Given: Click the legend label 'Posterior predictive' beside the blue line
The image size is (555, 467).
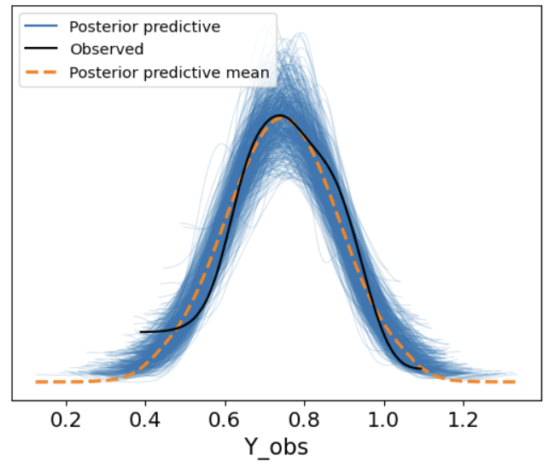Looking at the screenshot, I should coord(144,26).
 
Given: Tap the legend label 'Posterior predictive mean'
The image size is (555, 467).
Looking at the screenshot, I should coord(168,73).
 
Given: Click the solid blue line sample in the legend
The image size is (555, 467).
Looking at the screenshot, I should coord(39,26).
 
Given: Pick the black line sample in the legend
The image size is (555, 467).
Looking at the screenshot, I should coord(39,50).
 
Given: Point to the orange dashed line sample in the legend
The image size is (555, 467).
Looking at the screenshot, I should coord(39,73).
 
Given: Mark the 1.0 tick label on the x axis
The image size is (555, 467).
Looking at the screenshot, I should coord(383,421).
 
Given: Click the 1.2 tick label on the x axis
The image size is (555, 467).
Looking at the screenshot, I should coord(463,421).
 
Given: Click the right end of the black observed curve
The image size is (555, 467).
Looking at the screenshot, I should coord(420,368).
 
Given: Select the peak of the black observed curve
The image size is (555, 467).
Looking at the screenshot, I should coord(279,114).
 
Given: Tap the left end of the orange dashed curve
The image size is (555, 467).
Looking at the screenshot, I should coord(37,382).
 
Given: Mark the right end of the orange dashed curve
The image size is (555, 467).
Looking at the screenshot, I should coord(515,382).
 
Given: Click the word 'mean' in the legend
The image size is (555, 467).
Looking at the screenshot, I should coord(250,73).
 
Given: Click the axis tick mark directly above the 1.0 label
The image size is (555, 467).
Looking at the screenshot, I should coord(383,403).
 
